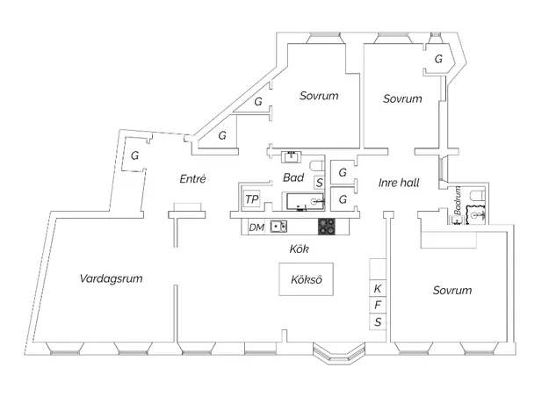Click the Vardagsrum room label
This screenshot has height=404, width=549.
[x=111, y=278]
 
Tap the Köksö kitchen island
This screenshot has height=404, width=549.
[x=306, y=279]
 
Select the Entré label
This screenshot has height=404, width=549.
[x=192, y=179]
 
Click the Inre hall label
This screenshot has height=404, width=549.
[x=399, y=183]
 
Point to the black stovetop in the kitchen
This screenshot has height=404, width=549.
[x=327, y=227]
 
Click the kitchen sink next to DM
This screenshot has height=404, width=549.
[x=278, y=227]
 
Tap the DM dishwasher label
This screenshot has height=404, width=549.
[x=256, y=227]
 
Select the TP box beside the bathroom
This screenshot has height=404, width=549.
[x=252, y=199]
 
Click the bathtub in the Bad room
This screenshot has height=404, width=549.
[x=306, y=201]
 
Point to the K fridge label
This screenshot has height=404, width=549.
[x=378, y=289]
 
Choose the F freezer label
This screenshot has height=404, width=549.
[x=378, y=305]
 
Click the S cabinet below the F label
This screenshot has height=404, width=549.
[x=378, y=321]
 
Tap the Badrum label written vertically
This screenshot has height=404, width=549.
[x=458, y=200]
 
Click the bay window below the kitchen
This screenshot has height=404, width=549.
[x=338, y=353]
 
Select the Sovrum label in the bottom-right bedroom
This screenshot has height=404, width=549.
[x=452, y=290]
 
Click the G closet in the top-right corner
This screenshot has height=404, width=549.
[x=438, y=59]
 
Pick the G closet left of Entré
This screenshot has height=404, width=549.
[x=134, y=155]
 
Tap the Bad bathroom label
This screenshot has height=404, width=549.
[x=293, y=177]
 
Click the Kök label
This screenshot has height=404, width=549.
[x=300, y=249]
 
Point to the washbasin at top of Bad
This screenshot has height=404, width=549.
[x=291, y=156]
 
